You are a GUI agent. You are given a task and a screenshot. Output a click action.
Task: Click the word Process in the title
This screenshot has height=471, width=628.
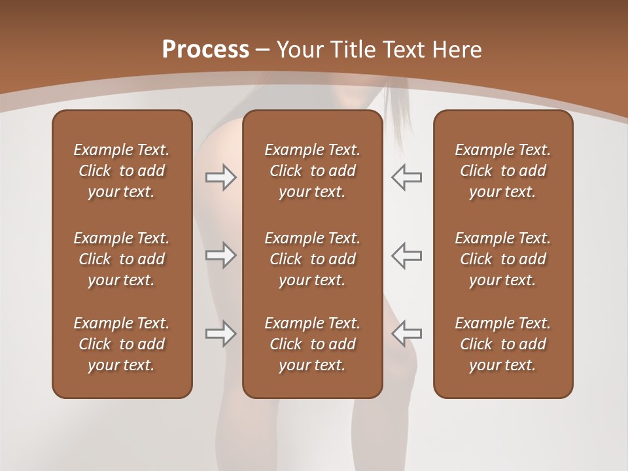tap(205, 50)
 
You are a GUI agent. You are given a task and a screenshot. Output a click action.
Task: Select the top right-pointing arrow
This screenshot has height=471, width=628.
tap(221, 177)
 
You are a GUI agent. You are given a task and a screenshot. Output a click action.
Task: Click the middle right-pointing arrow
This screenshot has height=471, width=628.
tap(221, 255)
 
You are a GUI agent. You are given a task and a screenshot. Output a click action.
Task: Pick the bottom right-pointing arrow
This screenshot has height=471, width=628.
tap(221, 334)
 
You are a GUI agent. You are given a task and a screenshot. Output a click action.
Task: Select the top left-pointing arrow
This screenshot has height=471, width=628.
tap(406, 177)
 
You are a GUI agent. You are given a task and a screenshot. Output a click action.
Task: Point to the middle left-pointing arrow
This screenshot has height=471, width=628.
tap(406, 255)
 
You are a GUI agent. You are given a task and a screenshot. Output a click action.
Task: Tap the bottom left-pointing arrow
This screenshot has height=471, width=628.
tap(406, 334)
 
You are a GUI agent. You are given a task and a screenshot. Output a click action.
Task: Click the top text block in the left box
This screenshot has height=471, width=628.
tap(122, 171)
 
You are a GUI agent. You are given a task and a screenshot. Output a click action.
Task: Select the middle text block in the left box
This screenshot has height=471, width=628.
tap(122, 259)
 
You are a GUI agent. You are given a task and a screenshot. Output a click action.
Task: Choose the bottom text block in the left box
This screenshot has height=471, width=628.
tap(122, 344)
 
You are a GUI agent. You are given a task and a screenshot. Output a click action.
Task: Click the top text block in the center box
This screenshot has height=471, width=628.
tap(312, 171)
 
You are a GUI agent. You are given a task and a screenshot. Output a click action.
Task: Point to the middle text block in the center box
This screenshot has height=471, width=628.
tap(312, 259)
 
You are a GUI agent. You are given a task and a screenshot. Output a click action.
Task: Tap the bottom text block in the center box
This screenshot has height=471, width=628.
tap(312, 344)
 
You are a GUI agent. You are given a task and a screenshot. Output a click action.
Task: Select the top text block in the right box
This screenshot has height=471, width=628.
tap(503, 171)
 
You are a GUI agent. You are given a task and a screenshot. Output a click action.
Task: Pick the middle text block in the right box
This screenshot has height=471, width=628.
tap(503, 259)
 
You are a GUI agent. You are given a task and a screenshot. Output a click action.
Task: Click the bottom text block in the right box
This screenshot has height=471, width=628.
tap(503, 344)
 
